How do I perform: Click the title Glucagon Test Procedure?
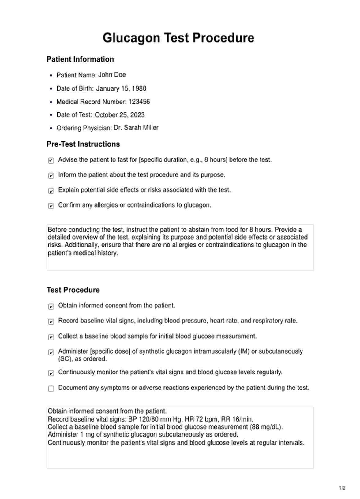point(178,38)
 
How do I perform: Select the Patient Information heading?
point(80,59)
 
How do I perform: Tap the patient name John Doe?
point(112,75)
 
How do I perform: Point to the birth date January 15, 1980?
point(121,88)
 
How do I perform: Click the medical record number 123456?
point(139,102)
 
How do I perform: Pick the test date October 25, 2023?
point(120,115)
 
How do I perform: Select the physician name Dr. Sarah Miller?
point(136,128)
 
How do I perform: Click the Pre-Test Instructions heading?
point(83,144)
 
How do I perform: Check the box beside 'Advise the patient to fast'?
point(51,160)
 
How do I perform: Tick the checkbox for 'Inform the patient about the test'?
point(51,176)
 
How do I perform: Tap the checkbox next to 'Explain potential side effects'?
point(51,191)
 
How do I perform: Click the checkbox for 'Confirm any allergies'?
point(51,206)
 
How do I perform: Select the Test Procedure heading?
point(73,290)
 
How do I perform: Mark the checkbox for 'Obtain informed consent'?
point(51,306)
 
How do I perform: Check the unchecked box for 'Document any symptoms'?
point(51,388)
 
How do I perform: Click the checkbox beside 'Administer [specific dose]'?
point(51,352)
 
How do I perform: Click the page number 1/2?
point(342,488)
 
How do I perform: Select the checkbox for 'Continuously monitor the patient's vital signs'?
point(51,373)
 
